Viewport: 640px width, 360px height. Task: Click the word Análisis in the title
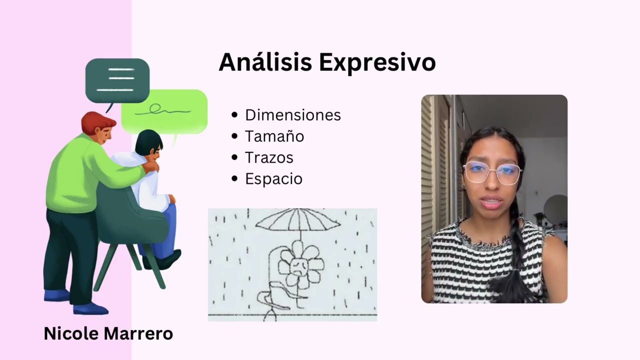coord(265,62)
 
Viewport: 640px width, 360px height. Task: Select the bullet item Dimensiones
coord(292,115)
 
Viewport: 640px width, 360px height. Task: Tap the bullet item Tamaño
coord(274,136)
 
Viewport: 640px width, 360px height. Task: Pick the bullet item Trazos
coord(269,157)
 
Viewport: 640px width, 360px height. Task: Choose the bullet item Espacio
coord(273,179)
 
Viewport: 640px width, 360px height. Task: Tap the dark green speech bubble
coord(117,80)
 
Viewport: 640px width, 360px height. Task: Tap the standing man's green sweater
coord(75,175)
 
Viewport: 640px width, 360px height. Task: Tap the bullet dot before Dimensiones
coord(235,115)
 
